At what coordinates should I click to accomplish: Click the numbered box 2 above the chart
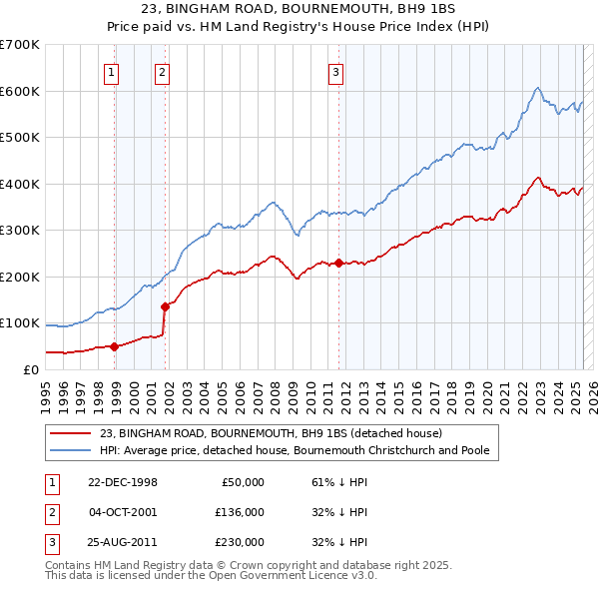tap(161, 71)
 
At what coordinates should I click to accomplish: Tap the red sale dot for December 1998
tap(115, 346)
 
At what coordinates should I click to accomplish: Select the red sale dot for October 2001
tap(165, 306)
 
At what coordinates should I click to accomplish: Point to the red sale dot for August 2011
tap(338, 263)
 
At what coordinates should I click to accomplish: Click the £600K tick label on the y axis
tap(20, 91)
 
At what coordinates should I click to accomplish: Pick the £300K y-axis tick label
tap(20, 231)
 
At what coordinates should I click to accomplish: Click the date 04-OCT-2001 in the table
tap(124, 512)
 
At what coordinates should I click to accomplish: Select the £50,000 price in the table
tap(240, 482)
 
